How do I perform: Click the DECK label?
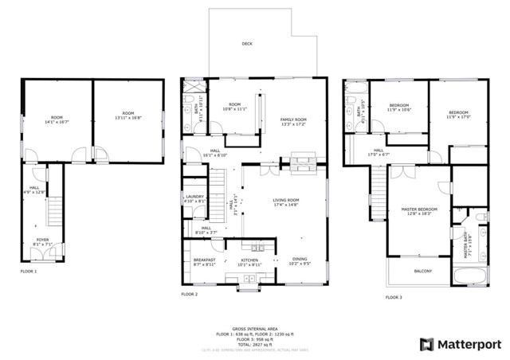click(x=247, y=44)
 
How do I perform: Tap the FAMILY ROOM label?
click(x=293, y=119)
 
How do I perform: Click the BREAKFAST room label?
click(x=204, y=260)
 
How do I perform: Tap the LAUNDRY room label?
click(x=194, y=198)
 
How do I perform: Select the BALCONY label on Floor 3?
click(x=422, y=272)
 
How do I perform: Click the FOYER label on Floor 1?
click(x=41, y=238)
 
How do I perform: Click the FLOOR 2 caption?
click(x=189, y=294)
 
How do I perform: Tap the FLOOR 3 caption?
click(x=394, y=297)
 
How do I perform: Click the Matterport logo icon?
click(x=427, y=344)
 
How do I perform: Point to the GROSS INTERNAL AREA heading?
click(x=254, y=327)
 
